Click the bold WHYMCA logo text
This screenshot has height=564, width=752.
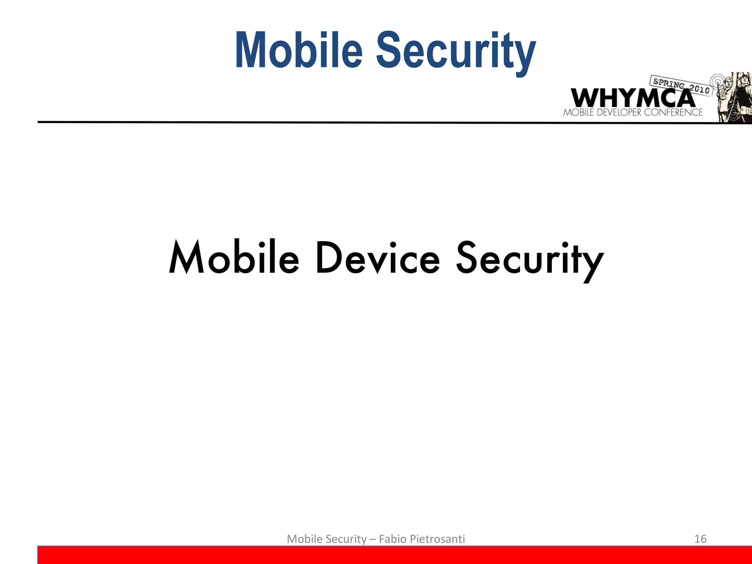click(632, 98)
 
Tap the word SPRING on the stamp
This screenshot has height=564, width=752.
click(669, 83)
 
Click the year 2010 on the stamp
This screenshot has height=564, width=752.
click(699, 89)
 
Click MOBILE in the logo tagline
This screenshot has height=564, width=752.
click(579, 112)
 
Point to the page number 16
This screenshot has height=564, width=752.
click(700, 539)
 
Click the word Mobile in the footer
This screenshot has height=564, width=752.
click(304, 539)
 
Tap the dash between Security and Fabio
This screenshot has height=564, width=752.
click(373, 539)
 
